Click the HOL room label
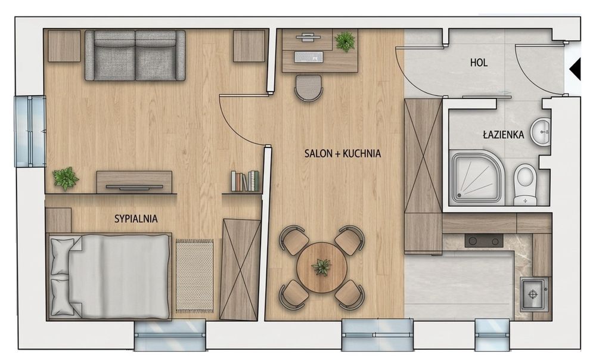[479, 63]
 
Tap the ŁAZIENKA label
[503, 134]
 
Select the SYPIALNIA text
[136, 219]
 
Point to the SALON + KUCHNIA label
[343, 154]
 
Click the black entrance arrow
[575, 69]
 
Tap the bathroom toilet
[525, 184]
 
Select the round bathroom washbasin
[541, 132]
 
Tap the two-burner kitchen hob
[484, 240]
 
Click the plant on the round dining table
[322, 266]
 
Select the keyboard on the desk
[309, 57]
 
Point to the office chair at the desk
[308, 88]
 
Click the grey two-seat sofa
[135, 55]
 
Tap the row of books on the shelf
[245, 181]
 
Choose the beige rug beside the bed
[194, 276]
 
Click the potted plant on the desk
[345, 42]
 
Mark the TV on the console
[134, 187]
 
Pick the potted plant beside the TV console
[66, 178]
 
